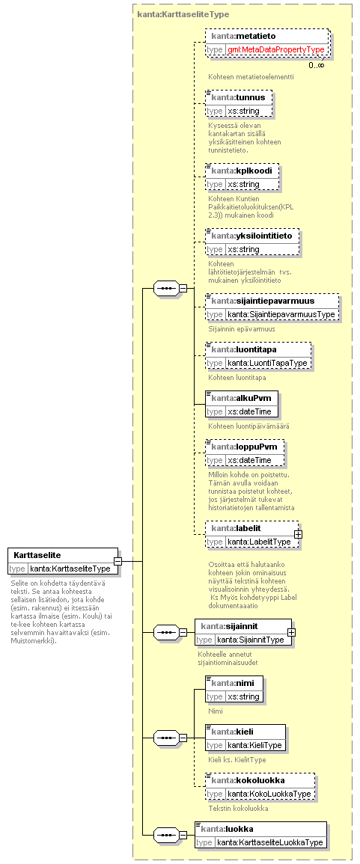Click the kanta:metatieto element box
tap(267, 43)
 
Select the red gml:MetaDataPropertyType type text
tap(276, 49)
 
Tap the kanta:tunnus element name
tap(238, 97)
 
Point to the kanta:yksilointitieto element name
tap(252, 236)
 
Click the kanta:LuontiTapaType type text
tap(267, 363)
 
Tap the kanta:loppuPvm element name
tap(244, 446)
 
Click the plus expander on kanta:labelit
tap(299, 534)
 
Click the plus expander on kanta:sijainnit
tap(291, 633)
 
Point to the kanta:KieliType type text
tap(254, 745)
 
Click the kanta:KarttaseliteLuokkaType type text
tap(269, 842)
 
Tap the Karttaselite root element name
tap(37, 555)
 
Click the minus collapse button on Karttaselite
tap(118, 561)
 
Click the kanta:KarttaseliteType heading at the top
tap(183, 14)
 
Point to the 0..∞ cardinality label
tap(317, 65)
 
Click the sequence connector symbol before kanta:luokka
tap(165, 835)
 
